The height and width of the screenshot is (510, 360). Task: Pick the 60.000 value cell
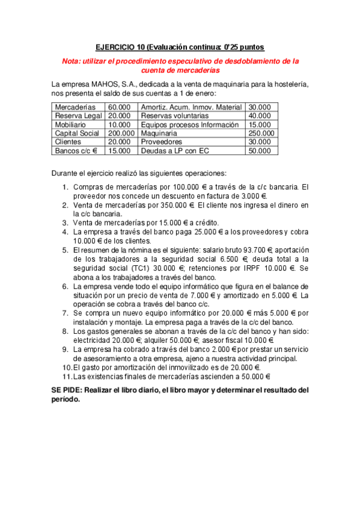pos(119,107)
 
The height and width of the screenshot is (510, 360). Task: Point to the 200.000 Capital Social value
pos(121,133)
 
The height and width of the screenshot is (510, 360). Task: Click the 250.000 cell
pos(261,133)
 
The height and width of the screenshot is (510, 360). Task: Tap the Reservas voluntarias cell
pos(174,115)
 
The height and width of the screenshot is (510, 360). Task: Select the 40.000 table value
pos(260,115)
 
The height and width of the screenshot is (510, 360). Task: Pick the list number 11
pos(67,376)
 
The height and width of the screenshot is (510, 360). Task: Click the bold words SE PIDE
pos(67,390)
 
